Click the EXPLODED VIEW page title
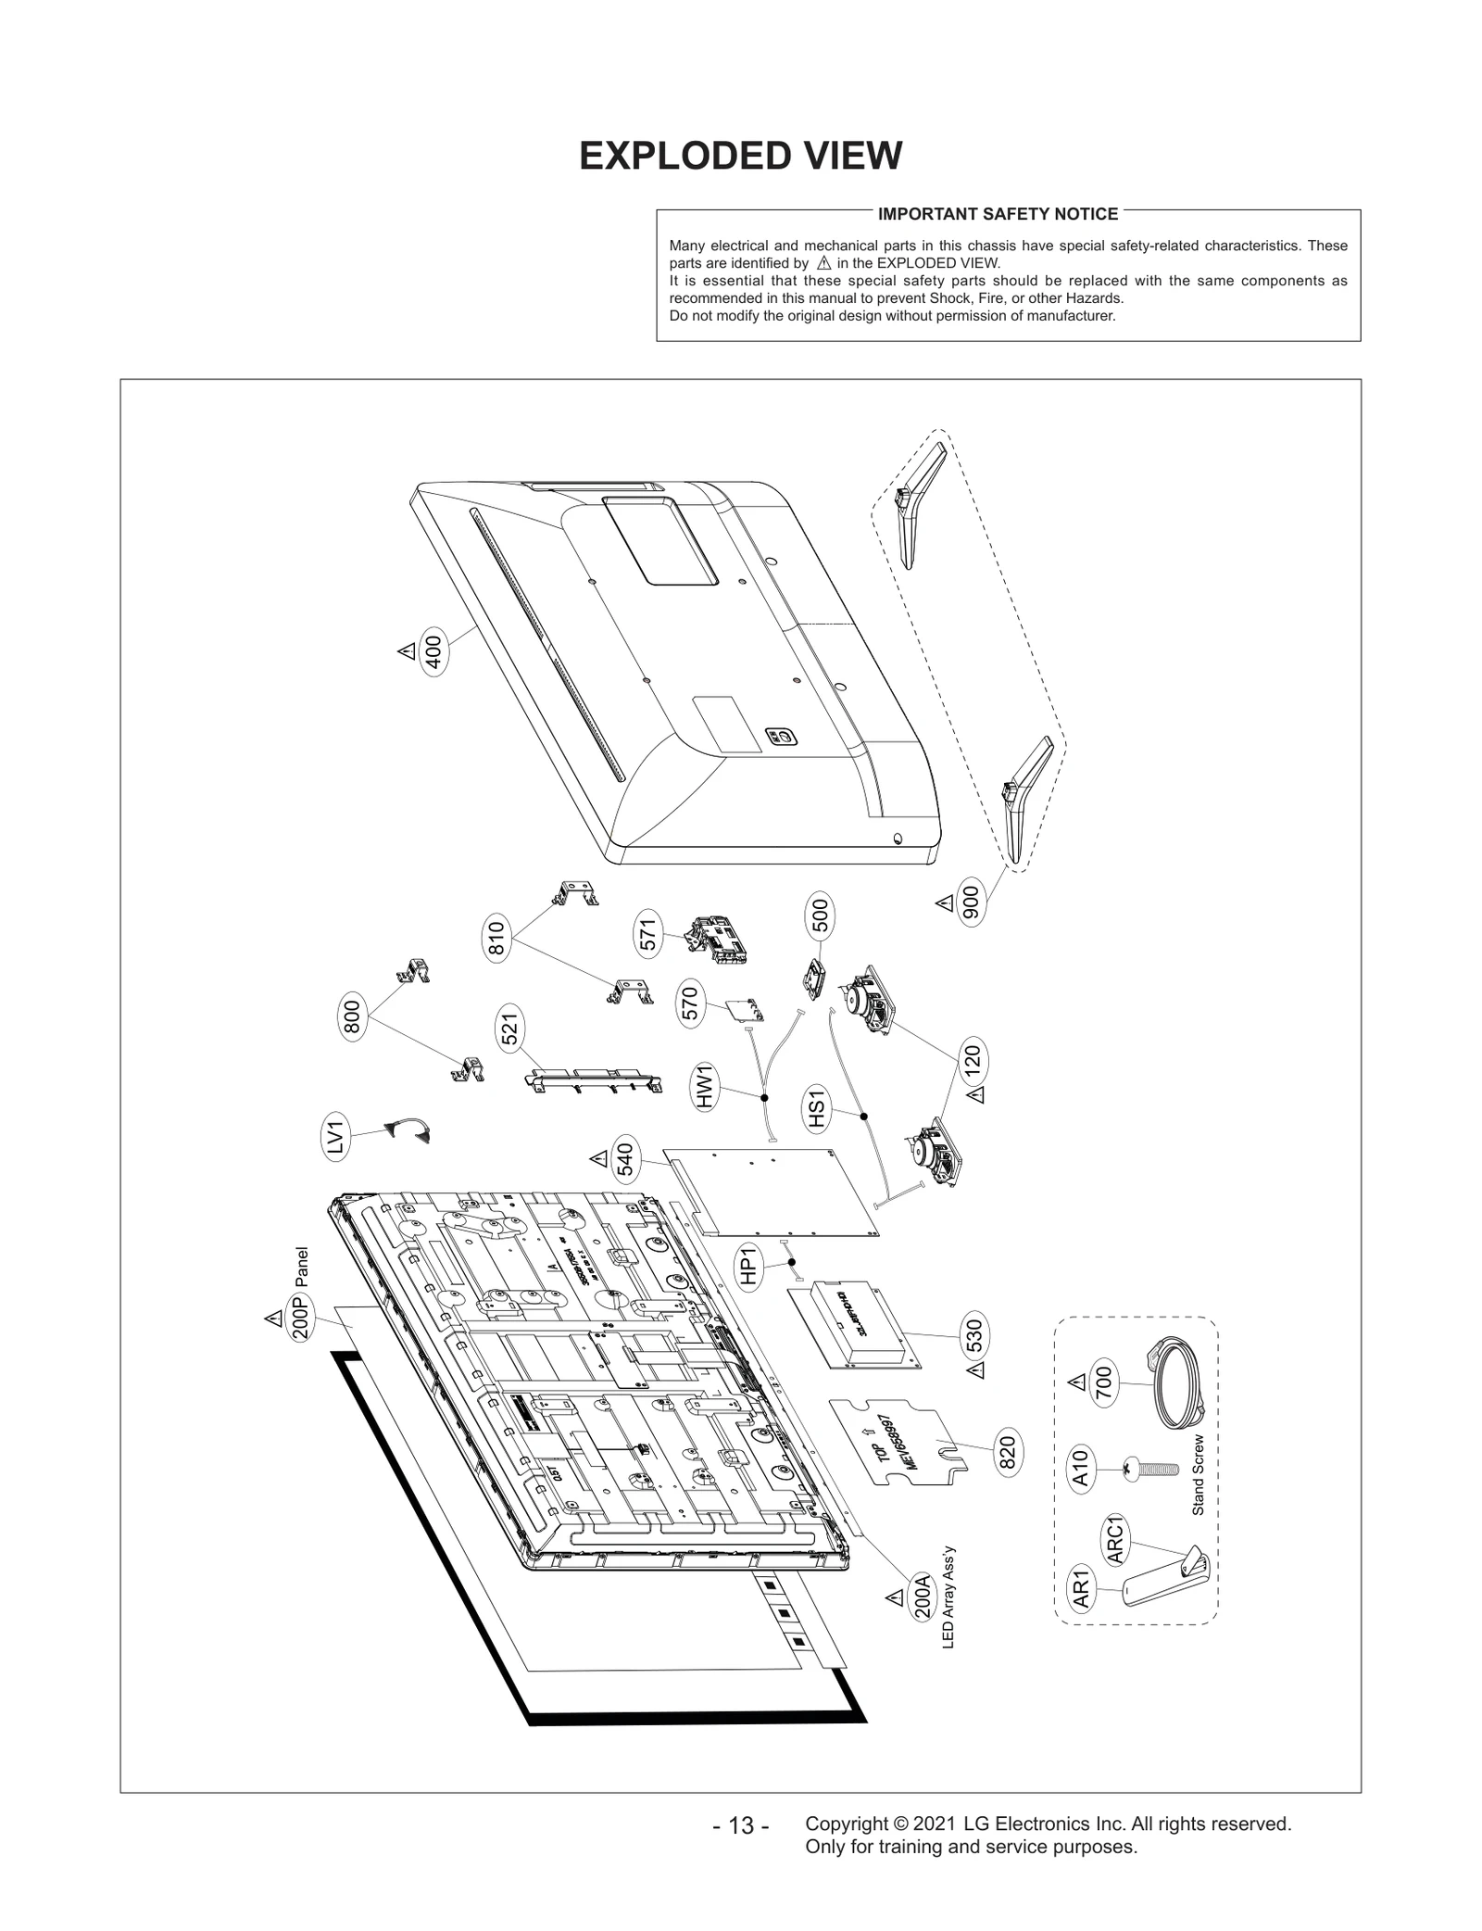click(740, 157)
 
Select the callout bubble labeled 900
click(972, 903)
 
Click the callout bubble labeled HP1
click(749, 1266)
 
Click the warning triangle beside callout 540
click(598, 1158)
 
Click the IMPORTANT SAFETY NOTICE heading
click(998, 214)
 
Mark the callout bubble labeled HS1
click(816, 1110)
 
